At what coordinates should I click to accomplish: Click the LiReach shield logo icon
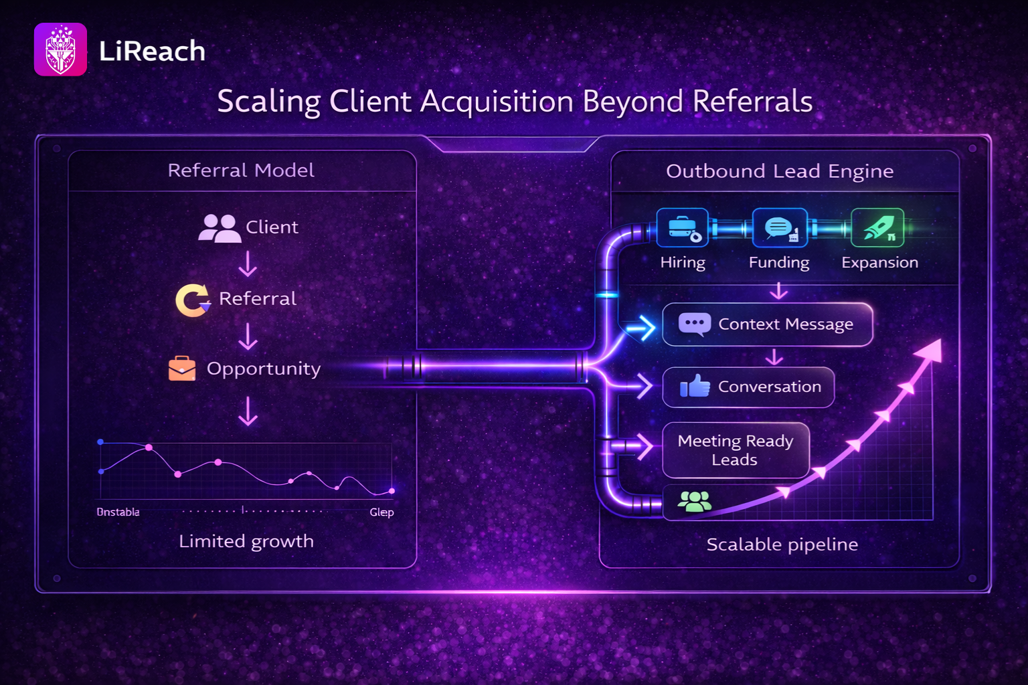[60, 50]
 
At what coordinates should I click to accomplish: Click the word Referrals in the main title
[752, 102]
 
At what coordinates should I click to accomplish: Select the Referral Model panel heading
[241, 171]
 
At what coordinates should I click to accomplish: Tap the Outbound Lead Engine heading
[780, 171]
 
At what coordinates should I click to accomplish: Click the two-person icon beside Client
[219, 228]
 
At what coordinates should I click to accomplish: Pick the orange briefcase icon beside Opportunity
[182, 369]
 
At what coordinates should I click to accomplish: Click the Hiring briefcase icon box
[683, 228]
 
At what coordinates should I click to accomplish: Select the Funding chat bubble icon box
[779, 228]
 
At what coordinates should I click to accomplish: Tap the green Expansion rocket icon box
[877, 228]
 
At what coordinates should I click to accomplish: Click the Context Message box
[768, 324]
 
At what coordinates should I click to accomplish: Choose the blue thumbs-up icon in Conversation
[695, 386]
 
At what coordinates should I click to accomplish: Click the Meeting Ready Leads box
[736, 450]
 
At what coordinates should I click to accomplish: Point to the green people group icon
[694, 501]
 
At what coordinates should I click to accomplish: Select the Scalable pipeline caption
[782, 545]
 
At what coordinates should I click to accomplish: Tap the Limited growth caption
[246, 541]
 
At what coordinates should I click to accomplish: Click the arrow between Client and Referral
[248, 264]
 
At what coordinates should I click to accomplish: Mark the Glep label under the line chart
[381, 512]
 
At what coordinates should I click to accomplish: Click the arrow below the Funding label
[779, 291]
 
